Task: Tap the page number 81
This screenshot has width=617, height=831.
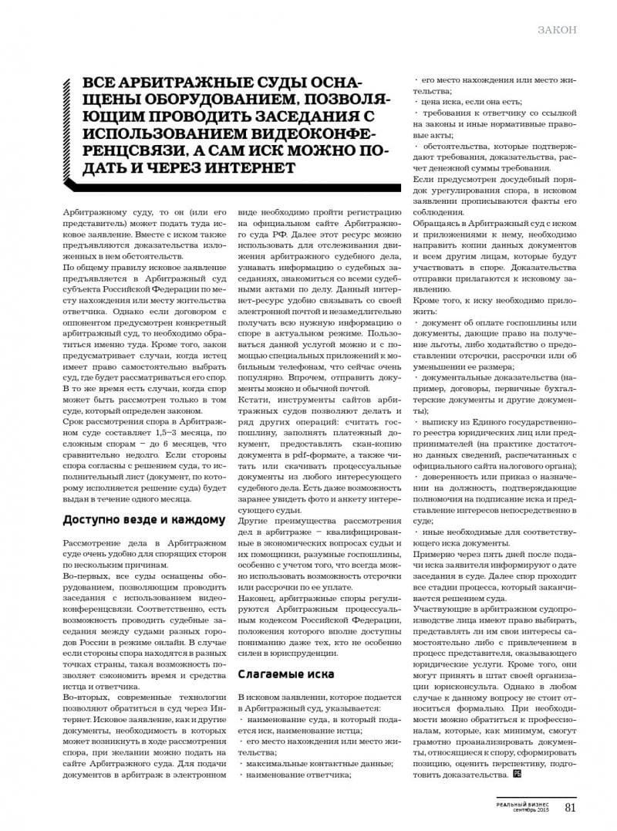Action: pyautogui.click(x=571, y=807)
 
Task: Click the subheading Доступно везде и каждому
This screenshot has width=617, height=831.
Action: pyautogui.click(x=143, y=520)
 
